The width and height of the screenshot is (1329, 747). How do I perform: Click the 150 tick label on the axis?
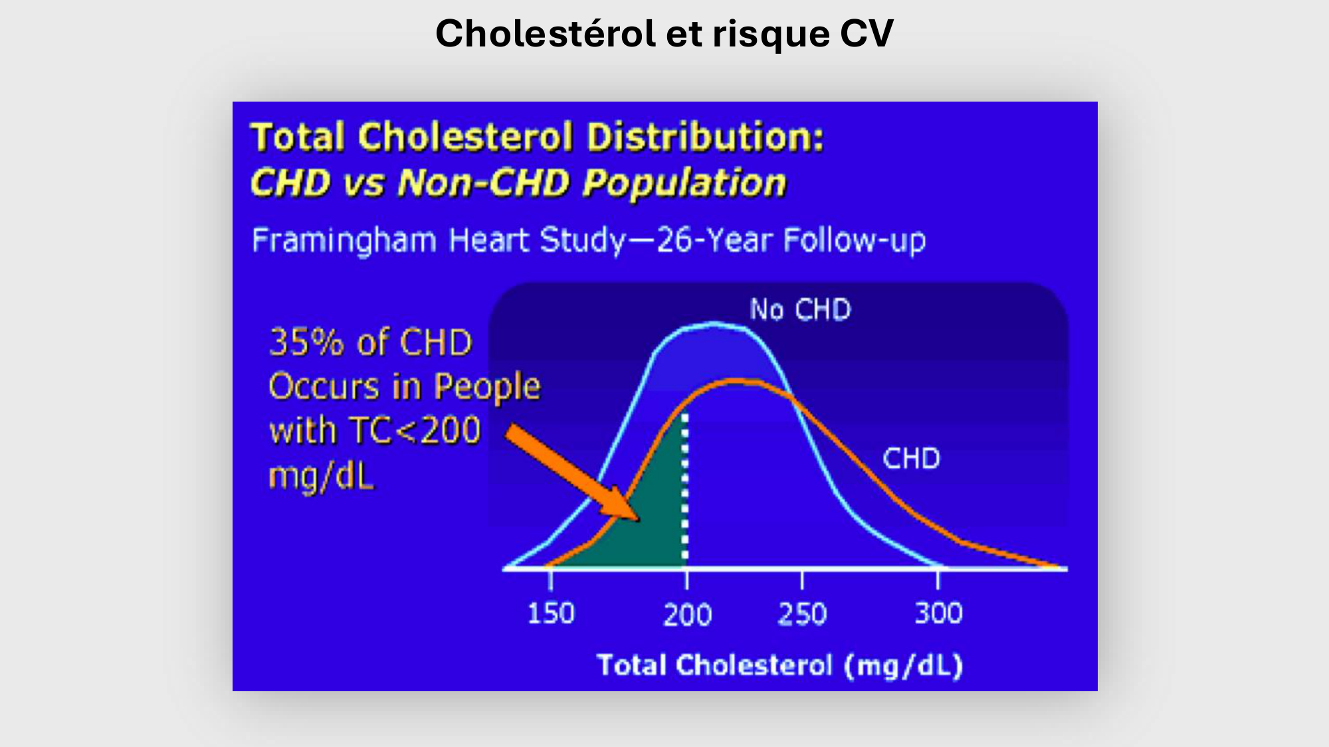click(550, 613)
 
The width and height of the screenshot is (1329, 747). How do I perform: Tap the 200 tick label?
click(687, 614)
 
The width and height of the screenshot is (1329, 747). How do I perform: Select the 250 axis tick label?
click(802, 614)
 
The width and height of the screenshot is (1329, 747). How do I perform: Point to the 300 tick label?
click(938, 613)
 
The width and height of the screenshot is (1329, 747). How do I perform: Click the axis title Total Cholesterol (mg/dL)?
click(779, 665)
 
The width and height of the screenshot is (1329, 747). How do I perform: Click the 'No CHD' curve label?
click(800, 310)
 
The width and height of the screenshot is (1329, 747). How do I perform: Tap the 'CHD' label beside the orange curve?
click(911, 459)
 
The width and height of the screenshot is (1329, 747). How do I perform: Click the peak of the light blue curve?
click(714, 323)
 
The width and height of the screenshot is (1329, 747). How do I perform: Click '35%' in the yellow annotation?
click(306, 343)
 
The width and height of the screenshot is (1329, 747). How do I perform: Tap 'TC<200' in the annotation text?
click(415, 430)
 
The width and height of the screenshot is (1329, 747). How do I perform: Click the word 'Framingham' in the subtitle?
click(344, 240)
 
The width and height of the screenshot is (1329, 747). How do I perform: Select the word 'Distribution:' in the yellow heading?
click(705, 137)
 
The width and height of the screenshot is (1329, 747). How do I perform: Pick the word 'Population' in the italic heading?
click(684, 183)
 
